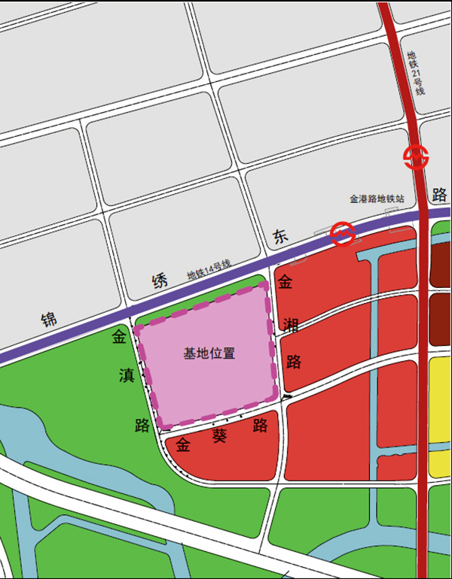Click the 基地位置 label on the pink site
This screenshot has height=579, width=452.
point(209,353)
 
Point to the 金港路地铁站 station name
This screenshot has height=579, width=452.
point(377,199)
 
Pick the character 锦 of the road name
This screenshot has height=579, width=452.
point(50,320)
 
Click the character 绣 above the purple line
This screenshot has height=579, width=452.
point(160,283)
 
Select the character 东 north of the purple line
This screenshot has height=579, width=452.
point(280,238)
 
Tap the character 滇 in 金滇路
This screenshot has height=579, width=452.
point(127,375)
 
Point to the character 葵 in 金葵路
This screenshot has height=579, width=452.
point(219,435)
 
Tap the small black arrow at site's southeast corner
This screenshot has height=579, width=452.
point(287,396)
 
